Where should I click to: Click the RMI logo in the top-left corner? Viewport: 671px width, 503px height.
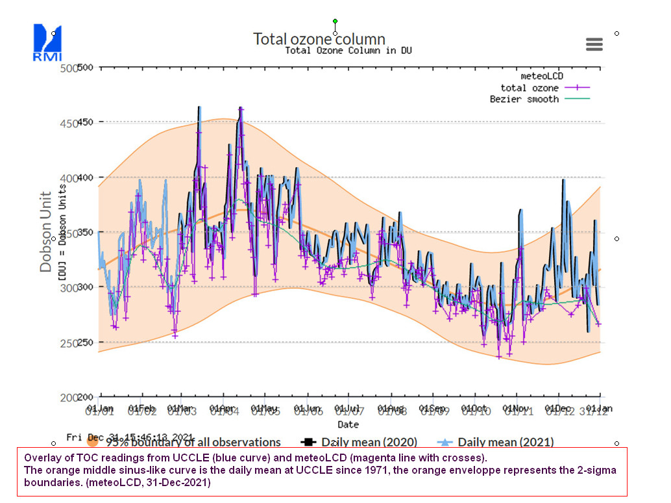click(x=47, y=42)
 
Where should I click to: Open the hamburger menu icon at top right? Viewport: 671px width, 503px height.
click(x=594, y=44)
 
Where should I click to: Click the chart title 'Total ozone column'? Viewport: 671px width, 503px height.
click(x=319, y=39)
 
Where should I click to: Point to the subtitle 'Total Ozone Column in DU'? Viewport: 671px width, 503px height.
click(x=348, y=51)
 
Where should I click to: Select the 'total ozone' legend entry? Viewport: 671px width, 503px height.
click(x=530, y=88)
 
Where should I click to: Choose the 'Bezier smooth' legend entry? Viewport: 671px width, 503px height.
click(x=524, y=99)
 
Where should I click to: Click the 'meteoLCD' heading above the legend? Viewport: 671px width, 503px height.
click(x=542, y=77)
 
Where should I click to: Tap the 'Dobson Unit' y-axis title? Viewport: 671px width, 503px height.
click(x=46, y=231)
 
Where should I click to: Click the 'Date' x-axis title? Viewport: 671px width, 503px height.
click(x=348, y=424)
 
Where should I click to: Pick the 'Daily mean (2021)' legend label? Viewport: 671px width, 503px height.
click(x=506, y=443)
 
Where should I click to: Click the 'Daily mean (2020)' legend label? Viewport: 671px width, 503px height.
click(x=369, y=443)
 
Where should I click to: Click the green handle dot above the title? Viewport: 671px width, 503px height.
click(x=335, y=21)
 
